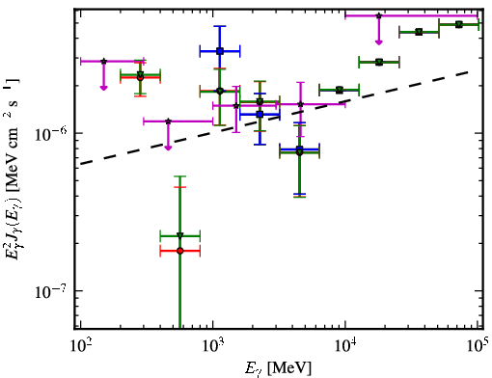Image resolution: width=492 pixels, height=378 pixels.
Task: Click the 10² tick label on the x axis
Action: [x=79, y=346]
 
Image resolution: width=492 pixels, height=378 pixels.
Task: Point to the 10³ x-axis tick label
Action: [x=212, y=346]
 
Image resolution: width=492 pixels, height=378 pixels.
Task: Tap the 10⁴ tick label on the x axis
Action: [x=344, y=346]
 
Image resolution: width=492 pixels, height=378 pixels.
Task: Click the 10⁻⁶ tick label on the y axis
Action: [x=50, y=134]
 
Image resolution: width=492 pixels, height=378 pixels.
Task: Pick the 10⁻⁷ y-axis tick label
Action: [x=50, y=291]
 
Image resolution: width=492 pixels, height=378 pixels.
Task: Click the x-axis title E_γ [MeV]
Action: [x=279, y=368]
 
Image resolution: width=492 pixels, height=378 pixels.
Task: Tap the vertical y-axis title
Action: [x=13, y=169]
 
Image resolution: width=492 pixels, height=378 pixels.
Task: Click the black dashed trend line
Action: [x=276, y=118]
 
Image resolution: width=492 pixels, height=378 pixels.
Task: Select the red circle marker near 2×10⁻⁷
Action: [x=180, y=251]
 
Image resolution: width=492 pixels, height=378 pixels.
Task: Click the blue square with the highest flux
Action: [x=220, y=51]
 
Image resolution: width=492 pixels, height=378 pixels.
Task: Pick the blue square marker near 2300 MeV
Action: [x=260, y=114]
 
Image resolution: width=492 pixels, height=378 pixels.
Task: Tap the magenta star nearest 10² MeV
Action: [x=103, y=61]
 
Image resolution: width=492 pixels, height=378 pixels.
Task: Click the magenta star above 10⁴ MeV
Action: [x=379, y=15]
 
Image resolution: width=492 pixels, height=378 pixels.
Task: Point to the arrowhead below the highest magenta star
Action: [x=379, y=42]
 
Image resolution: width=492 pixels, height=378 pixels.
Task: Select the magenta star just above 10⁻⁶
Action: [x=168, y=121]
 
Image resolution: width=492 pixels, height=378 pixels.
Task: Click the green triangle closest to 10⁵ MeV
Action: [x=459, y=24]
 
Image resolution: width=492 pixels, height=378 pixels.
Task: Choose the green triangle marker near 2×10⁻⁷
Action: [x=180, y=235]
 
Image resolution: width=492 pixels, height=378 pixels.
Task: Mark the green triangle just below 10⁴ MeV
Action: [x=340, y=90]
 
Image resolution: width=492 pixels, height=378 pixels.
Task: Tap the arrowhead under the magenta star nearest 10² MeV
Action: [x=103, y=88]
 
